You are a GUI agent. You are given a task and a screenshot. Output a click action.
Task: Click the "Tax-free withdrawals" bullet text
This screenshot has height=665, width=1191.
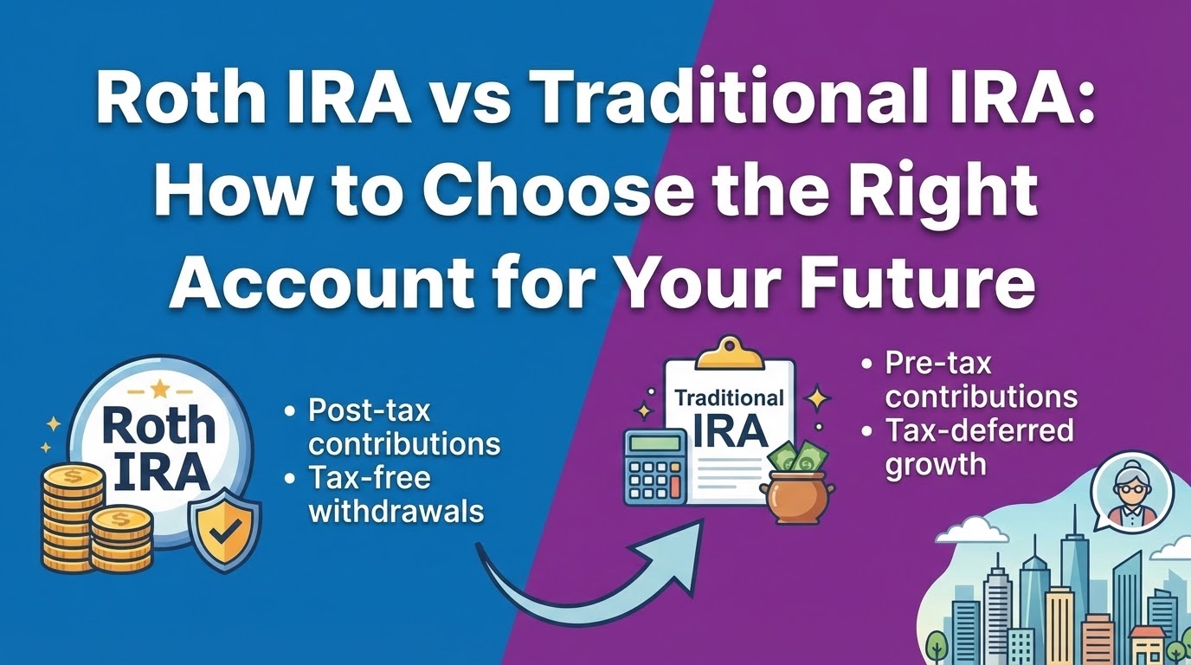(395, 494)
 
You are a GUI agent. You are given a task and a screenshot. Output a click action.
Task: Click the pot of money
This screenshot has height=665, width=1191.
(795, 500)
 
